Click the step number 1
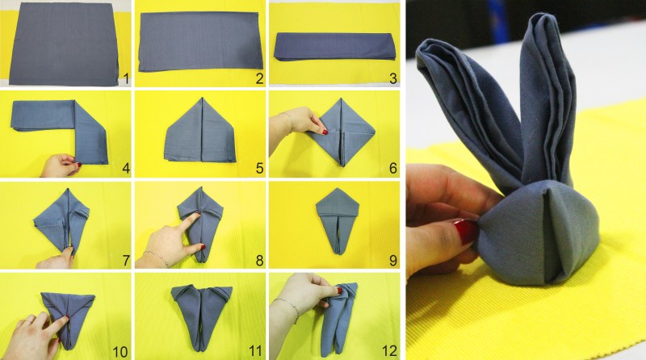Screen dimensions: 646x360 [x=126, y=78]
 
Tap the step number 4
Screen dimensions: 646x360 [x=126, y=168]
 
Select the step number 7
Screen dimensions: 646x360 [x=126, y=261]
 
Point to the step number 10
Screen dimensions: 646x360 [x=120, y=351]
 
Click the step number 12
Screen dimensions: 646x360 [x=389, y=351]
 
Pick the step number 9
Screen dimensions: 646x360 [x=392, y=261]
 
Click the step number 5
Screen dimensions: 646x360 [x=259, y=168]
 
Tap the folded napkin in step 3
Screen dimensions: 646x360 [x=334, y=46]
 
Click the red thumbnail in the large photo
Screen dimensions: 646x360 [x=466, y=232]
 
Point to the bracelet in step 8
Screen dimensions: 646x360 [x=155, y=257]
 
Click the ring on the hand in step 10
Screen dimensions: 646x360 [x=28, y=320]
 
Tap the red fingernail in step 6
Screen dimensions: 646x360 [x=325, y=132]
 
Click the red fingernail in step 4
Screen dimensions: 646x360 [x=78, y=165]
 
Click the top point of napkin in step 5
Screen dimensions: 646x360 [x=202, y=98]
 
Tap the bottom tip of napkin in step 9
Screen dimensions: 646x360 [x=338, y=253]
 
